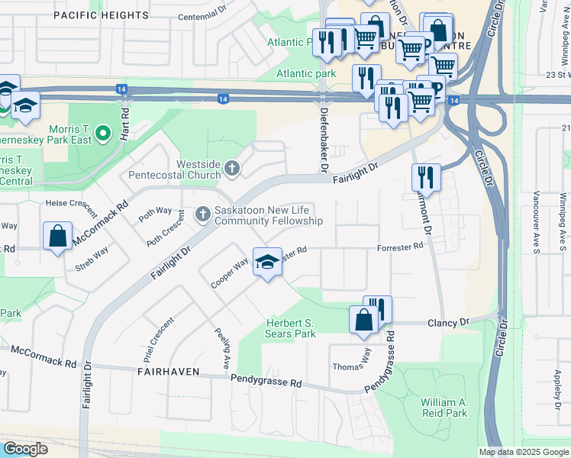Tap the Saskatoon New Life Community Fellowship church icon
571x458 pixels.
pos(202,214)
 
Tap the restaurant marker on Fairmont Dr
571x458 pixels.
pos(425,179)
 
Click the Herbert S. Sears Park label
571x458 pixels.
pos(290,328)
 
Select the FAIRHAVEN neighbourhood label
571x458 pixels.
pos(169,372)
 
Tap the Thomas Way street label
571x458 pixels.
pos(351,367)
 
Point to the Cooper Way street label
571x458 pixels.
pos(231,273)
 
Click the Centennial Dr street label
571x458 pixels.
pos(202,17)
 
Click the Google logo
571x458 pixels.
pos(26,449)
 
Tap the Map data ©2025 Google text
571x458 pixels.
pos(523,452)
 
